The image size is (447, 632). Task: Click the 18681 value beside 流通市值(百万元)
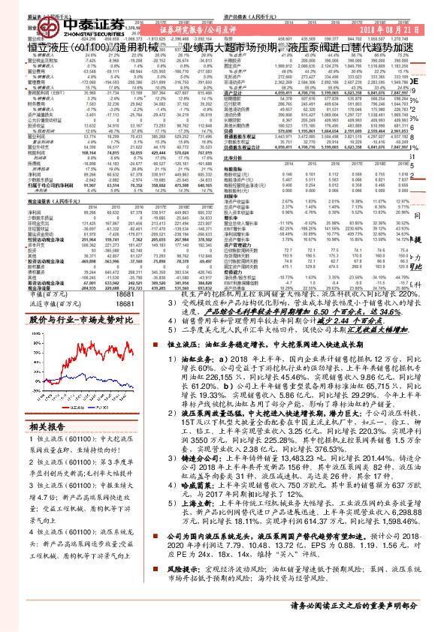[125, 305]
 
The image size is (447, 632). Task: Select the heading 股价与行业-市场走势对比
[80, 320]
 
